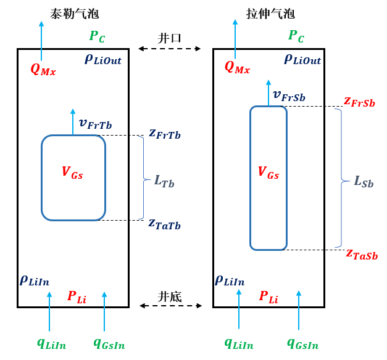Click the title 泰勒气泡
[74, 13]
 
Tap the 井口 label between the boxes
[170, 38]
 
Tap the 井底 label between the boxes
[170, 297]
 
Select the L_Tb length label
[164, 181]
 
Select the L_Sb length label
[364, 181]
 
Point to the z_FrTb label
[164, 133]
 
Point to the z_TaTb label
[164, 223]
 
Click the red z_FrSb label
[359, 101]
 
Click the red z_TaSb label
[361, 254]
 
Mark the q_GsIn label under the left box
[109, 343]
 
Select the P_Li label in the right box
[268, 297]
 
